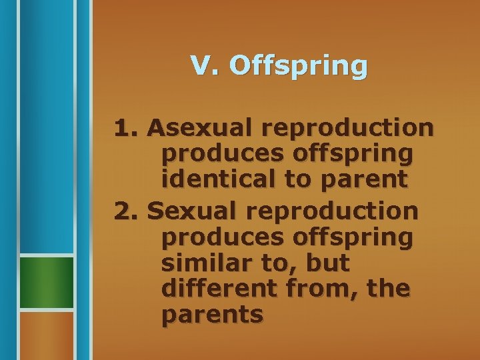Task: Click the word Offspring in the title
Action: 297,67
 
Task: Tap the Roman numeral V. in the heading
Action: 204,65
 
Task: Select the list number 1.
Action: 126,127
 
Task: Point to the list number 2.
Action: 126,211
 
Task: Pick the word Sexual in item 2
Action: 189,211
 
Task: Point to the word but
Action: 327,263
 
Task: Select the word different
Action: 215,289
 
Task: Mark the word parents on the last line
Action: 212,315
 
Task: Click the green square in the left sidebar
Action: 46,282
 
